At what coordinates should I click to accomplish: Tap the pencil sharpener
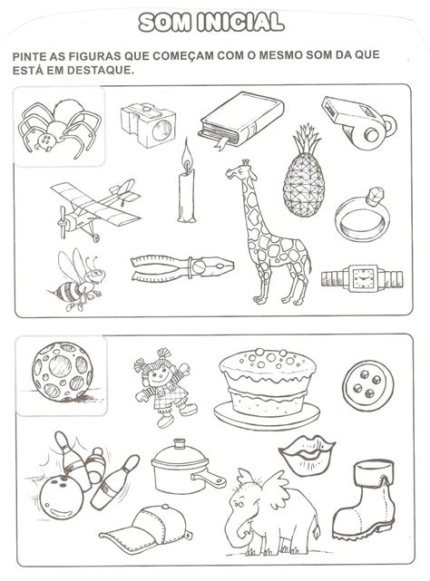149,125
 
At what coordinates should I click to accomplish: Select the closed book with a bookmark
240,120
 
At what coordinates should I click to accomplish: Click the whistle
358,121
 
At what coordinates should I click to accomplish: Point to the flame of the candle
187,154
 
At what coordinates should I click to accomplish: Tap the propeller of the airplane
63,221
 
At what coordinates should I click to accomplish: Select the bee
76,280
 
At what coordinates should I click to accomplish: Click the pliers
181,267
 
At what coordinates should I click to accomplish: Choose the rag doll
165,387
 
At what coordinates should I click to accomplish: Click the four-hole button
366,385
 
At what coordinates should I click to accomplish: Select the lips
307,455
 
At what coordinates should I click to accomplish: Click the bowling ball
62,498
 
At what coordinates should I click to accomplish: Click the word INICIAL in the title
240,23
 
